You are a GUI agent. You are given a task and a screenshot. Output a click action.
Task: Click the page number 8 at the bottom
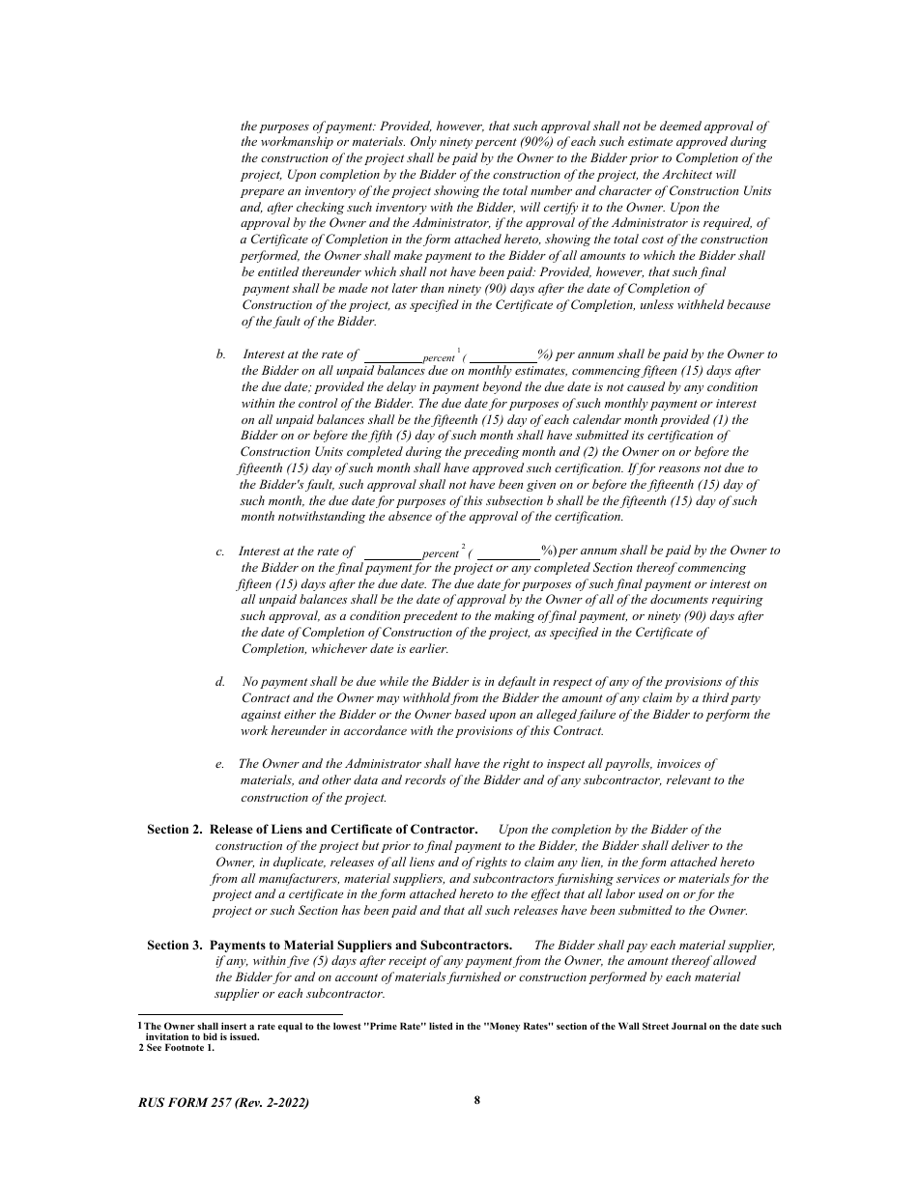pos(477,1099)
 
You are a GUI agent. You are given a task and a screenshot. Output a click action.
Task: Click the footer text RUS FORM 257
pos(224,1102)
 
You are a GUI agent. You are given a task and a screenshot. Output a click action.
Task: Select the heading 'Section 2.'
pos(175,829)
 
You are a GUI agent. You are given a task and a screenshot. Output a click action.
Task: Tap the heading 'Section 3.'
pos(175,945)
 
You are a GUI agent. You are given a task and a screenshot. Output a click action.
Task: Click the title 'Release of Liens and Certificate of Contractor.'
pos(343,829)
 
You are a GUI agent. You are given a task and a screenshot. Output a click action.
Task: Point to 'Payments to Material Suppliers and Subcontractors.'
pos(360,945)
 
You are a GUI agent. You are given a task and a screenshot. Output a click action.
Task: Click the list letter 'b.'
pos(221,354)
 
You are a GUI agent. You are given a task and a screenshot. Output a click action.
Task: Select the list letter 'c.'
pos(220,551)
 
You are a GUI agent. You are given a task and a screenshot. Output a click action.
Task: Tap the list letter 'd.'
pos(221,682)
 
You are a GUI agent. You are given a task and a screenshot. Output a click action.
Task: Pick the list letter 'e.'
pos(220,763)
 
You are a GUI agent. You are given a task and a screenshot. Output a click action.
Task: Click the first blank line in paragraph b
pos(392,356)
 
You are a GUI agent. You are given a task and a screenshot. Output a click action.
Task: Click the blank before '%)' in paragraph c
pos(508,552)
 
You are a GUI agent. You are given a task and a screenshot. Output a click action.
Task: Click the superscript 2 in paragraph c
pos(464,545)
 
